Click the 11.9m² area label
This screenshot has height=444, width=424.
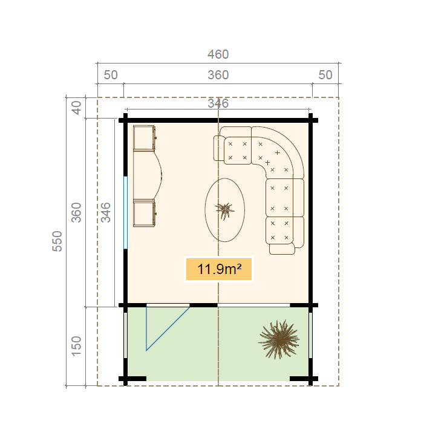(218, 269)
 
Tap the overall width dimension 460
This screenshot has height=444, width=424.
(218, 54)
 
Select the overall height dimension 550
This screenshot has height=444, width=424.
(57, 241)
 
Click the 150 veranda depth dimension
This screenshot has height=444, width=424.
(76, 346)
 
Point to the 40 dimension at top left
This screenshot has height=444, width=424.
(76, 108)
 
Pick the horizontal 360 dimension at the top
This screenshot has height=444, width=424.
(218, 75)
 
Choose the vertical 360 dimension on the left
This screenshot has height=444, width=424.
(76, 212)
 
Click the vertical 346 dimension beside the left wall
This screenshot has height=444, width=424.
(106, 212)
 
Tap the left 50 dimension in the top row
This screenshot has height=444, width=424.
(111, 75)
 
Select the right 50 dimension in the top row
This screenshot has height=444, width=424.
(325, 75)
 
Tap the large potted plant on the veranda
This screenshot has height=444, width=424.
(278, 340)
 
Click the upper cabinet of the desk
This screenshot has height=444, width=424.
(145, 138)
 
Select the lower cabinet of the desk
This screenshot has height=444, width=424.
(145, 214)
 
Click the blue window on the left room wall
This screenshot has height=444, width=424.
(126, 212)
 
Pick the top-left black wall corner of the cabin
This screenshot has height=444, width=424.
(126, 120)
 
